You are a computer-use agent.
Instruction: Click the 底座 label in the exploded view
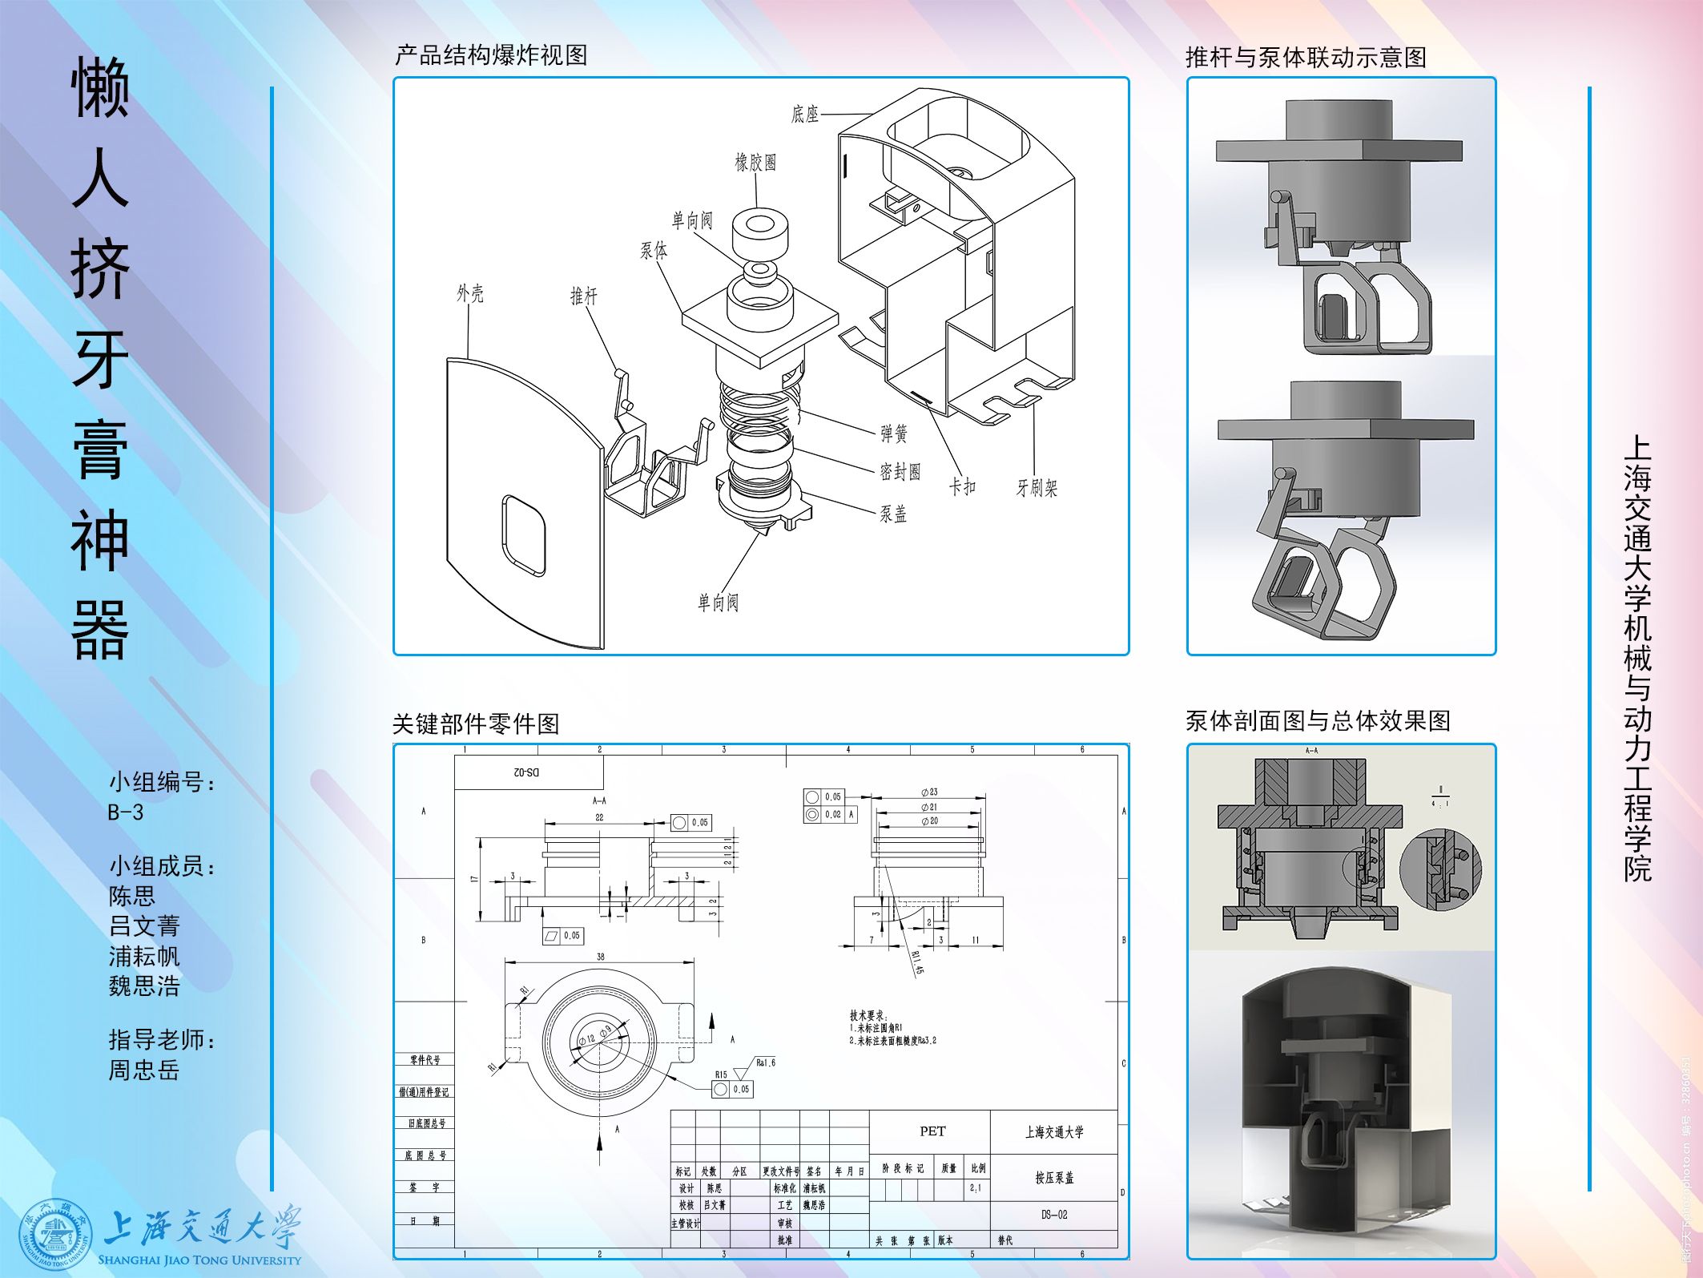pyautogui.click(x=805, y=114)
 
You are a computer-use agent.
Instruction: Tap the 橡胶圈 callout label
pyautogui.click(x=755, y=163)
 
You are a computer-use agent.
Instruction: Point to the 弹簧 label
pyautogui.click(x=894, y=433)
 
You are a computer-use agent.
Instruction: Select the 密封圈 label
pyautogui.click(x=900, y=471)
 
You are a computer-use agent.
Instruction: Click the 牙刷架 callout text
pyautogui.click(x=1037, y=488)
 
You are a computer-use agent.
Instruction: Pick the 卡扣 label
pyautogui.click(x=962, y=486)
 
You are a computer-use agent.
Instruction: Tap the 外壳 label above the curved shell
pyautogui.click(x=470, y=293)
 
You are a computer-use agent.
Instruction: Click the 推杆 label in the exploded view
pyautogui.click(x=584, y=296)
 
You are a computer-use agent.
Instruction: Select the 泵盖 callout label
pyautogui.click(x=893, y=514)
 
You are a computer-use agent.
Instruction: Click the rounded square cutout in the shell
pyautogui.click(x=524, y=534)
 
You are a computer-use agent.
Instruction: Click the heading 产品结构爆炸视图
pyautogui.click(x=491, y=55)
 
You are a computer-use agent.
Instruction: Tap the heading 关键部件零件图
pyautogui.click(x=476, y=724)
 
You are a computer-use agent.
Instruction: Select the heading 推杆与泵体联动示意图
pyautogui.click(x=1306, y=57)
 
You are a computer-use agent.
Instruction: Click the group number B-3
pyautogui.click(x=126, y=812)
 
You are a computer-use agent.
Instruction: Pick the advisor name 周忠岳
pyautogui.click(x=144, y=1070)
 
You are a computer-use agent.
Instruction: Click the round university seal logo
pyautogui.click(x=55, y=1234)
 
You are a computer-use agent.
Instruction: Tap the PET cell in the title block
pyautogui.click(x=932, y=1131)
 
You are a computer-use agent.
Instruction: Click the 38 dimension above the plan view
pyautogui.click(x=601, y=957)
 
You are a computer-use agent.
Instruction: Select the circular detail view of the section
pyautogui.click(x=1440, y=870)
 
